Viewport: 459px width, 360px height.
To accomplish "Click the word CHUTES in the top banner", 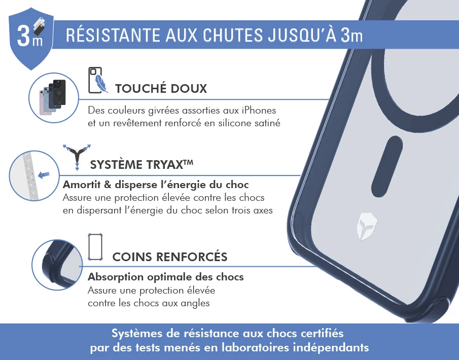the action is click(x=233, y=35).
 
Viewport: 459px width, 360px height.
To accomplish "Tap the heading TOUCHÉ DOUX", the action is click(x=161, y=88).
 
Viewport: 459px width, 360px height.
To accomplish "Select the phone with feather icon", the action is click(x=98, y=80).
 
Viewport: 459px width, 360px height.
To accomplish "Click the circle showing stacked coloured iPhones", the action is click(x=54, y=98).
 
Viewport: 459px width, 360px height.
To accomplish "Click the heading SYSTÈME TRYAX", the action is click(x=142, y=164).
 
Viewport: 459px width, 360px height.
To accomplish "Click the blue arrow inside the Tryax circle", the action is click(x=44, y=175).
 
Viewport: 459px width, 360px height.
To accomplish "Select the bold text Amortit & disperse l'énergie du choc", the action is click(x=156, y=185).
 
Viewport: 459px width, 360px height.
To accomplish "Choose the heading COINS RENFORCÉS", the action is click(x=170, y=257).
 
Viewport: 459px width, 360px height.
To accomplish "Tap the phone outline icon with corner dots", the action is click(x=95, y=247).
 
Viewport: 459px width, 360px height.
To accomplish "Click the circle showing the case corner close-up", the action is click(x=57, y=265).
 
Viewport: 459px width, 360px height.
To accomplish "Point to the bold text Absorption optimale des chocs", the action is click(x=166, y=277).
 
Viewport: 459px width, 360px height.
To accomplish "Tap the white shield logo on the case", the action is click(x=367, y=226).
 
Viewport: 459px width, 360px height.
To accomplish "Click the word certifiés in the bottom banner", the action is click(x=322, y=333).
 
